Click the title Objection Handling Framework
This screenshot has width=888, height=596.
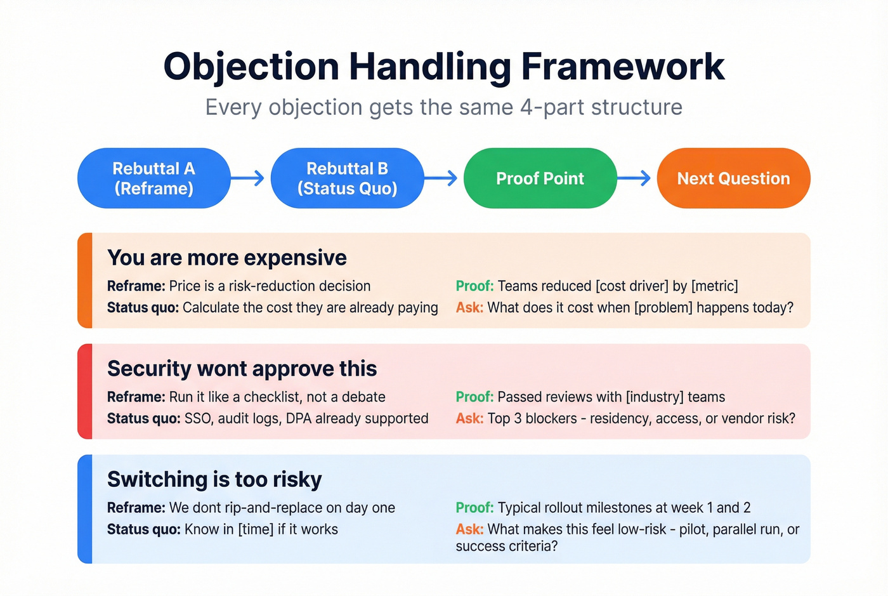click(x=444, y=67)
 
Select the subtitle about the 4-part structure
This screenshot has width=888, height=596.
click(x=444, y=107)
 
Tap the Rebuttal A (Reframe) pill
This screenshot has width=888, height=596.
click(x=153, y=178)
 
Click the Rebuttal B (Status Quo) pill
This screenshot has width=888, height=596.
click(x=347, y=178)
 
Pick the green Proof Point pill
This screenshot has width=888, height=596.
click(x=540, y=178)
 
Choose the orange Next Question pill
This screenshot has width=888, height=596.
click(x=733, y=178)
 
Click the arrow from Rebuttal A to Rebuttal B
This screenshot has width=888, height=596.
click(x=249, y=178)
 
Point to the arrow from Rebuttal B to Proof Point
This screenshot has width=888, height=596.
click(x=442, y=178)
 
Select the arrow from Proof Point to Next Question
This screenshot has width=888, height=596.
click(x=635, y=178)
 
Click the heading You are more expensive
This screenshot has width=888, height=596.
click(x=227, y=258)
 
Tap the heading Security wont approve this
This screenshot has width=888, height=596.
click(x=242, y=369)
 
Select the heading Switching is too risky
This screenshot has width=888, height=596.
click(x=214, y=479)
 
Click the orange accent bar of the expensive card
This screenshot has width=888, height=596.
click(x=85, y=281)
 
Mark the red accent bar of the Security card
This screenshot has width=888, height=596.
click(x=85, y=391)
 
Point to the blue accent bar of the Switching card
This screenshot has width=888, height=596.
click(x=85, y=509)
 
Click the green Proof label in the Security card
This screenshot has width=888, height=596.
click(x=474, y=397)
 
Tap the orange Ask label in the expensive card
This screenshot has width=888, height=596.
click(x=469, y=308)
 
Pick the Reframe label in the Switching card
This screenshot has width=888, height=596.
click(x=136, y=508)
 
